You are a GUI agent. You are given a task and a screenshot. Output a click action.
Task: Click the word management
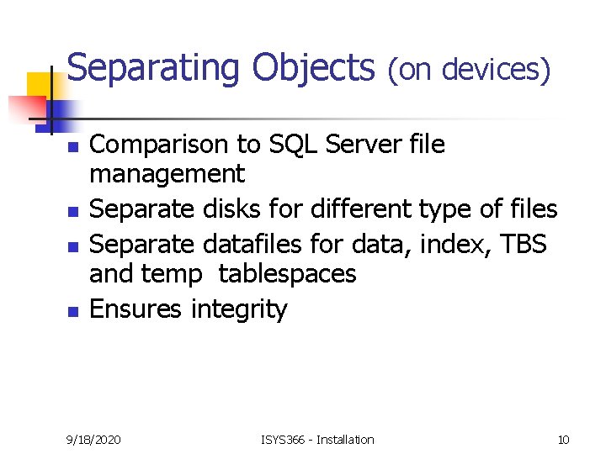[x=167, y=174]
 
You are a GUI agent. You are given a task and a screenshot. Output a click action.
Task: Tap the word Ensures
[x=136, y=309]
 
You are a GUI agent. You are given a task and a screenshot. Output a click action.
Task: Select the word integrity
[x=239, y=310]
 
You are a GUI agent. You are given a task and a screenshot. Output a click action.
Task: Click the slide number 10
[x=563, y=439]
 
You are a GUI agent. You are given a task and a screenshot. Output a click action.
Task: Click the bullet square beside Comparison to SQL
[x=72, y=147]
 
